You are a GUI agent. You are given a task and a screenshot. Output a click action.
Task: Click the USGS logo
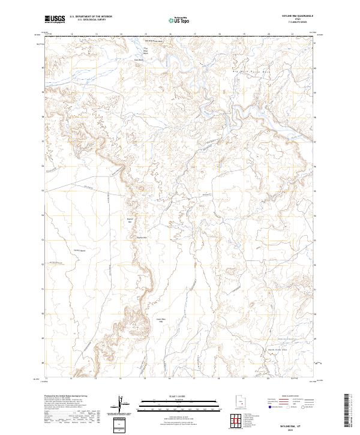click(55, 19)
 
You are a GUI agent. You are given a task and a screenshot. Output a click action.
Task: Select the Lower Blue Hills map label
click(160, 320)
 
